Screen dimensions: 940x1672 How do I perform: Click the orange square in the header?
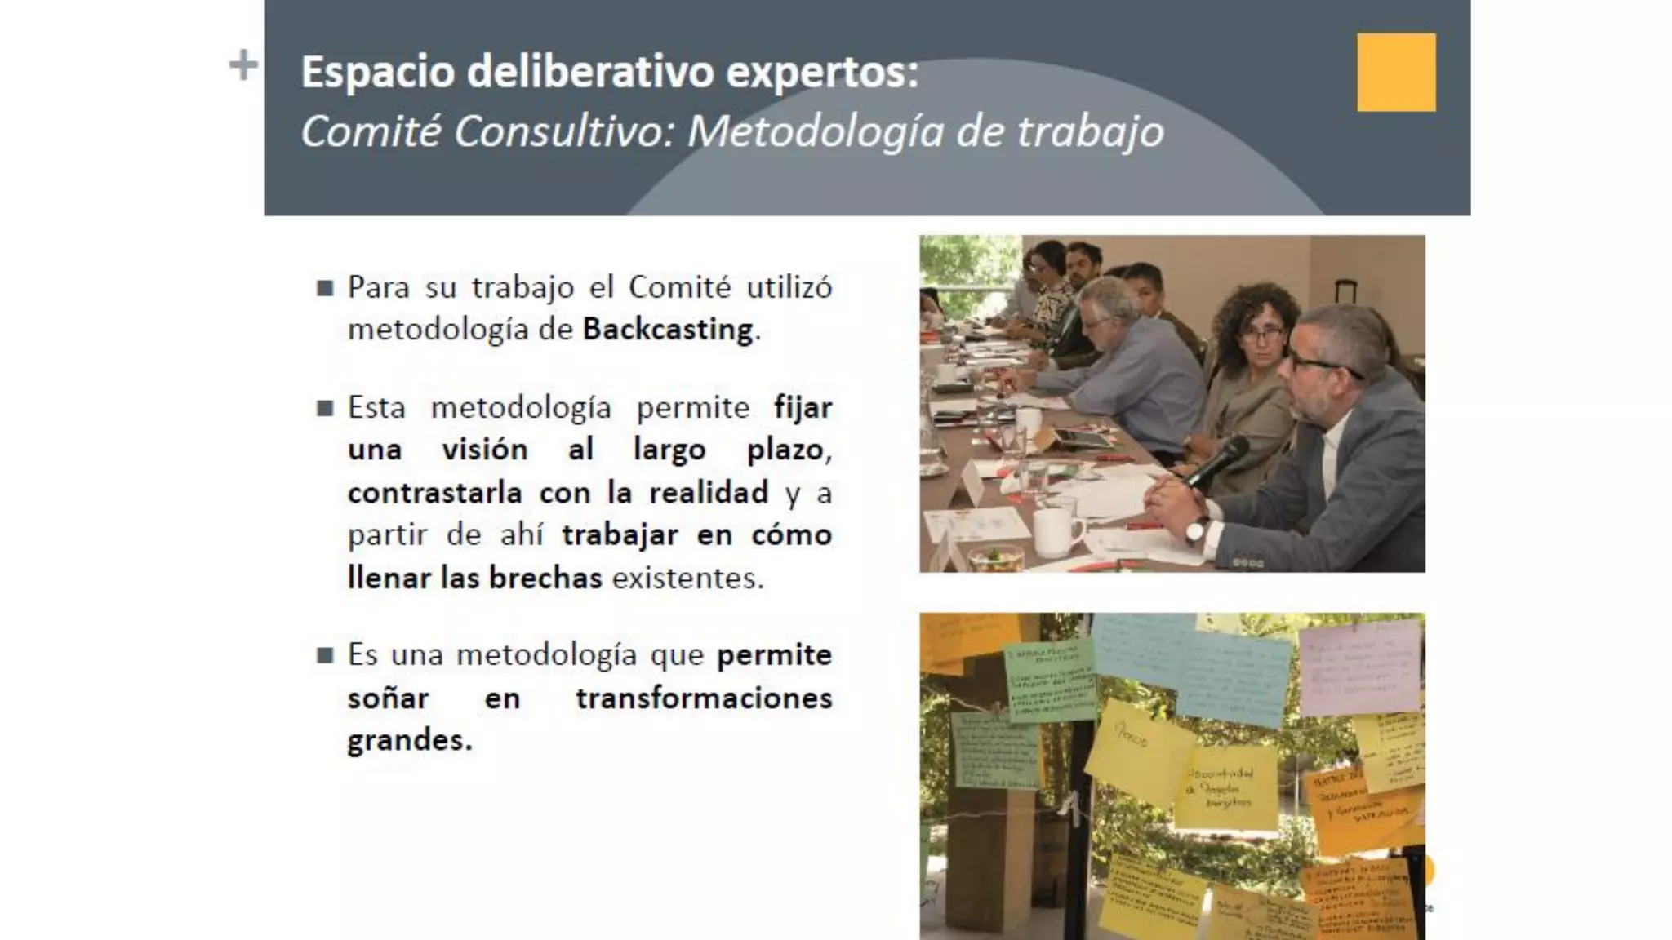tap(1396, 72)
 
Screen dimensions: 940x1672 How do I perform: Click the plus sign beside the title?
tap(242, 65)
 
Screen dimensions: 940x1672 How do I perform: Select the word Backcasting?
tap(668, 330)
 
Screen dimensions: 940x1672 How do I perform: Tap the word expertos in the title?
tap(821, 72)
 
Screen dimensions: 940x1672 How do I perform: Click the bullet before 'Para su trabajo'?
tap(325, 288)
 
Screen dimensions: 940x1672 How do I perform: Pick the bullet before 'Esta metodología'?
tap(325, 408)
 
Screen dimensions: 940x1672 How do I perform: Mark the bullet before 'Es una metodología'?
tap(325, 655)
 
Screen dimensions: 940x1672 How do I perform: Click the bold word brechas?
tap(545, 578)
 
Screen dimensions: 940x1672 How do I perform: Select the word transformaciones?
tap(704, 698)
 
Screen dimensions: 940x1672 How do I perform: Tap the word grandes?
tap(408, 741)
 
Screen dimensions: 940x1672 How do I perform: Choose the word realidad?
tap(709, 493)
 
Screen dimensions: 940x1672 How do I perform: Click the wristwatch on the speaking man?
tap(1197, 530)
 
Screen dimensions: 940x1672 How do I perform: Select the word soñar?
tap(388, 698)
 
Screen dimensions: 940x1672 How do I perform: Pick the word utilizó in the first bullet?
tap(789, 287)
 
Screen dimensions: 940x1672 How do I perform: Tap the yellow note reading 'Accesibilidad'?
tap(1225, 787)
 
